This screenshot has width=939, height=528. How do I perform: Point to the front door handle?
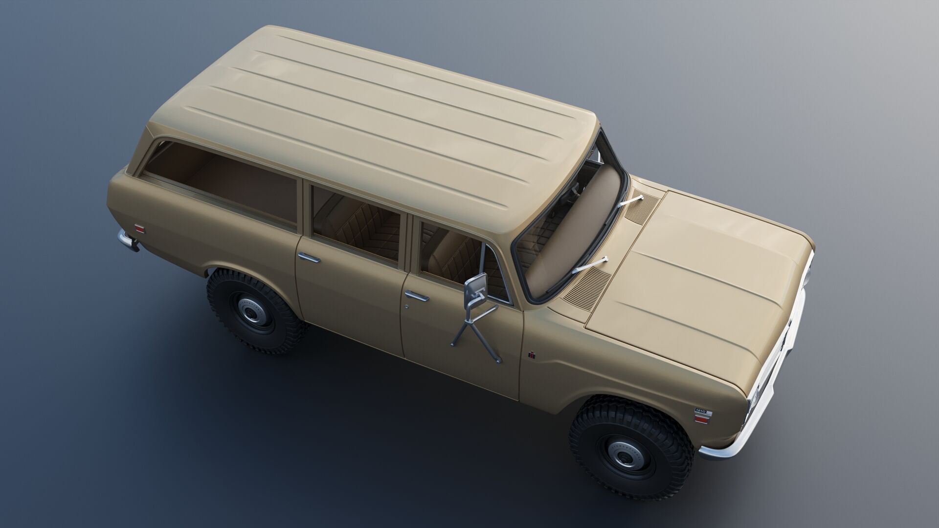pos(416,296)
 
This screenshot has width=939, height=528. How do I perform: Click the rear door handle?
pos(309,258)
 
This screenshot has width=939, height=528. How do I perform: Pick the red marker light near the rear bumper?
pos(139,228)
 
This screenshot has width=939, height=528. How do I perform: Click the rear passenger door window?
pos(356,222)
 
